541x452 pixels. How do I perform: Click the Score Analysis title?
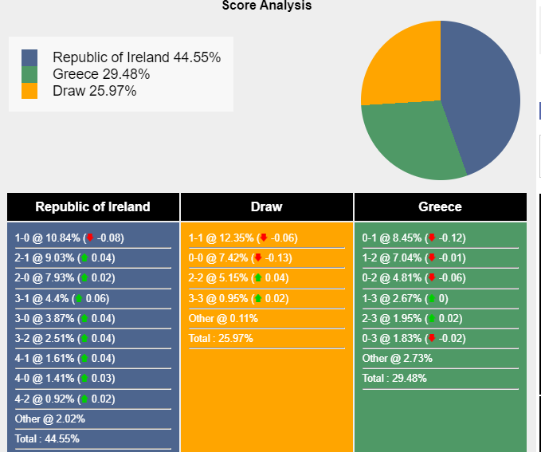(x=267, y=6)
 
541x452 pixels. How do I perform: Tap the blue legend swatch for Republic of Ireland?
(x=29, y=57)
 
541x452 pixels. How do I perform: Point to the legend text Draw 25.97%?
(x=94, y=91)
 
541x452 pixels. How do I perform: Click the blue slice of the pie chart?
(x=486, y=88)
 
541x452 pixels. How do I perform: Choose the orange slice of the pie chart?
(x=398, y=64)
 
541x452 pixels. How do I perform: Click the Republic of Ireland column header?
(x=92, y=207)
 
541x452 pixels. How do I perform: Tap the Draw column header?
(x=267, y=207)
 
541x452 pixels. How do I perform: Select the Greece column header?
(x=440, y=207)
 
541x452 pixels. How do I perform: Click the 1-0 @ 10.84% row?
(x=69, y=238)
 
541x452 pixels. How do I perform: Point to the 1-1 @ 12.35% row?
(x=243, y=238)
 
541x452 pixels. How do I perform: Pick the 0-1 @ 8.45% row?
(x=414, y=238)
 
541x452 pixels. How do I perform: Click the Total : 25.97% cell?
(x=221, y=338)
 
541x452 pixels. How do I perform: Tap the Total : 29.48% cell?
(x=394, y=378)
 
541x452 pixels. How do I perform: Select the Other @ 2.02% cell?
(x=50, y=419)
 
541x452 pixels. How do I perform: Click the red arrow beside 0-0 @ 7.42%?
(x=257, y=258)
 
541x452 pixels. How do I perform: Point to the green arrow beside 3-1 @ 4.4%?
(x=78, y=299)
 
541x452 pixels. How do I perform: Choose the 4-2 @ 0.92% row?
(x=65, y=399)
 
